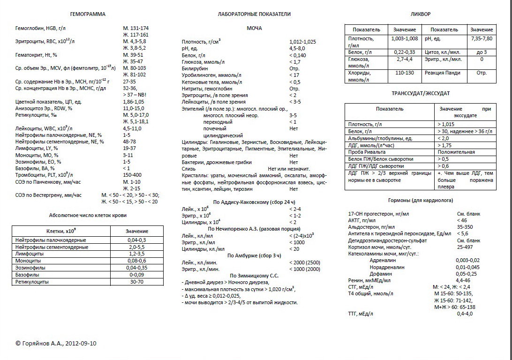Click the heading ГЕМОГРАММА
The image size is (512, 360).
tap(88, 14)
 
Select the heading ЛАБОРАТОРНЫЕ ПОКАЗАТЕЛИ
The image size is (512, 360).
tap(254, 14)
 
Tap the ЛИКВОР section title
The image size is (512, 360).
tap(420, 14)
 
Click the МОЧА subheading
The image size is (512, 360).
tap(254, 29)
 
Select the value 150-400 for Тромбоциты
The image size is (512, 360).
tap(132, 175)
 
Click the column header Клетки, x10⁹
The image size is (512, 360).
tap(61, 231)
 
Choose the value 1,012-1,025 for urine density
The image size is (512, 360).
tap(303, 42)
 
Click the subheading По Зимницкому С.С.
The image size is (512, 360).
tap(254, 276)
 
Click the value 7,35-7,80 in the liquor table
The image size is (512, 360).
tap(482, 38)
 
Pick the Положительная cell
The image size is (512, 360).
tap(457, 152)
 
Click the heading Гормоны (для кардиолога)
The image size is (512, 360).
tap(420, 200)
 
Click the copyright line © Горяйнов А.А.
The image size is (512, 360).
tap(56, 343)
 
